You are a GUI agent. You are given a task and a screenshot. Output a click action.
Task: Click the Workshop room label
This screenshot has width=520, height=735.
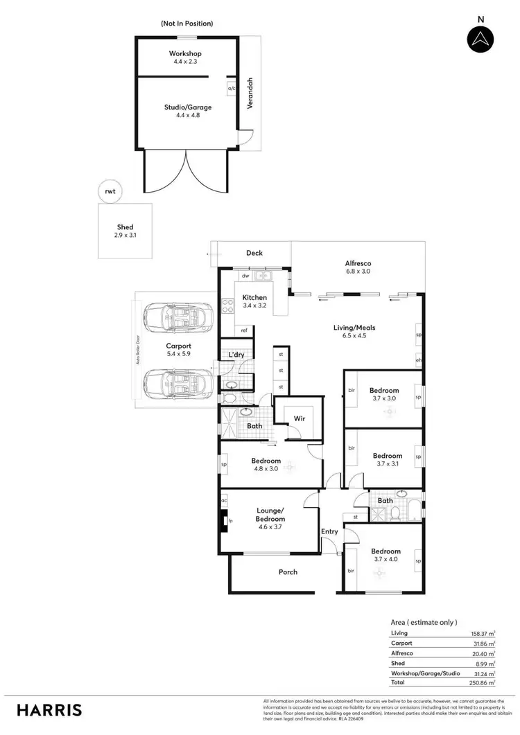[x=184, y=57]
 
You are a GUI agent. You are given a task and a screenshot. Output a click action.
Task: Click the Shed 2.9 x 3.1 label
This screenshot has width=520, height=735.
[x=125, y=231]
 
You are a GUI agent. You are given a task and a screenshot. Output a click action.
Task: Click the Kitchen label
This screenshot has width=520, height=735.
[x=254, y=301]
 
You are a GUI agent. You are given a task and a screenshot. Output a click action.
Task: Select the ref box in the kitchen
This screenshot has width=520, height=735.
[x=243, y=330]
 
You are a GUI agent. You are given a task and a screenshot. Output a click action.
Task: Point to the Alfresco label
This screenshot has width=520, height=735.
[x=358, y=267]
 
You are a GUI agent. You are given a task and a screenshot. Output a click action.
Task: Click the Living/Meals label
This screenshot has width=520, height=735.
[x=358, y=331]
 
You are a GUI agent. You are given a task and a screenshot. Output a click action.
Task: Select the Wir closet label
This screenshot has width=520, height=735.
[x=299, y=418]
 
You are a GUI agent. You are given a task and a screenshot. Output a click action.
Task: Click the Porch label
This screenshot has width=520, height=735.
[x=288, y=572]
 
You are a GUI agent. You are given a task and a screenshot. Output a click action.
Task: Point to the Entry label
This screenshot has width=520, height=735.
[x=329, y=531]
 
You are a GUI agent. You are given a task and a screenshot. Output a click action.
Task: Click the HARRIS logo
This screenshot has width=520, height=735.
[x=49, y=709]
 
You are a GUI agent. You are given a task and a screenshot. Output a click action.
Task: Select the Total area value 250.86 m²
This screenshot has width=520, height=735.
[x=480, y=682]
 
